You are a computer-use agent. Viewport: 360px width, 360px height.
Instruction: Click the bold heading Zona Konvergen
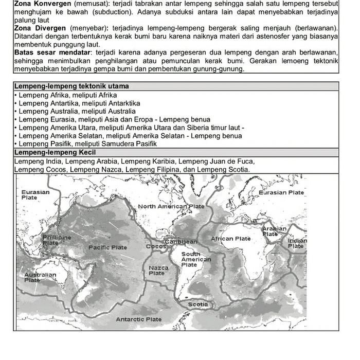[42, 4]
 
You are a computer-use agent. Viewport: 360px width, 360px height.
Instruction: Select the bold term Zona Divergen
[41, 27]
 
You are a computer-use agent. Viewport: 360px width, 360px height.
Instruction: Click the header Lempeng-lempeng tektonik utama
[71, 86]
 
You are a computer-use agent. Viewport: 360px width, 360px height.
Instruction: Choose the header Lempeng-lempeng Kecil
[55, 153]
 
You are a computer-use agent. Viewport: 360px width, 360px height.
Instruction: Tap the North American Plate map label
[171, 206]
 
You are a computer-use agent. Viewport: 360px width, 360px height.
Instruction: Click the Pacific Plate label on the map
[107, 247]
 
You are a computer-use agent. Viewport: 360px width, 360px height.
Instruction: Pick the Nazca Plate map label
[158, 271]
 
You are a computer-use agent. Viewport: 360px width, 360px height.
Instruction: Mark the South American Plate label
[195, 259]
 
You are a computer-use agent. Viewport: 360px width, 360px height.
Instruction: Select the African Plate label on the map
[230, 239]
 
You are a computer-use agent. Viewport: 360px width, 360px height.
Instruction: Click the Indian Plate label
[297, 243]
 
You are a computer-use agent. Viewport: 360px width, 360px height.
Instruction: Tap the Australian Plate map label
[40, 277]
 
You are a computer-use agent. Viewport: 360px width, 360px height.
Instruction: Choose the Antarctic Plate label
[138, 319]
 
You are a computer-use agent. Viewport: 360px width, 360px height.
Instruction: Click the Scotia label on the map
[198, 304]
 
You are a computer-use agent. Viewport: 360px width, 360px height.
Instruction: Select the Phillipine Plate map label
[56, 240]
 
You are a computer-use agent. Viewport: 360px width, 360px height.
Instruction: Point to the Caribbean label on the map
[181, 241]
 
